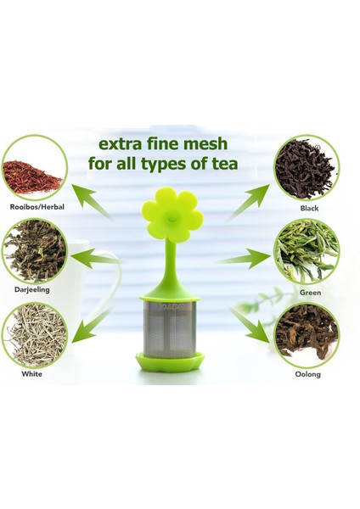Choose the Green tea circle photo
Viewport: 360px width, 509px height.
click(x=306, y=251)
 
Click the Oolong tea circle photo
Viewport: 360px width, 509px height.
click(x=307, y=333)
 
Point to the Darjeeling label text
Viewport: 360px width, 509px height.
click(x=32, y=290)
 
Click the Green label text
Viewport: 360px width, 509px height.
click(x=309, y=290)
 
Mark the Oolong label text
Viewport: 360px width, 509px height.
click(x=308, y=374)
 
